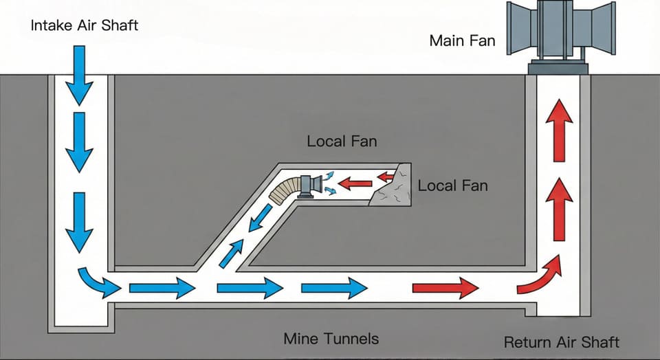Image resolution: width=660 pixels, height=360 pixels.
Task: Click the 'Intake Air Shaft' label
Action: [85, 26]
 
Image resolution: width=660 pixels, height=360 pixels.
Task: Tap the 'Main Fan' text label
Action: [461, 41]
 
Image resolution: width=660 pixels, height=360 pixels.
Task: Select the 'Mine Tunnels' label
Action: [331, 339]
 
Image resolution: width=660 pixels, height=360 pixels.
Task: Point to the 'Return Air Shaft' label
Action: [562, 341]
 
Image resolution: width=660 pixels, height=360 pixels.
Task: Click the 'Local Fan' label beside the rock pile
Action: [452, 185]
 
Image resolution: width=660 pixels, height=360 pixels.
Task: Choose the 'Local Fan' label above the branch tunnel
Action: [342, 142]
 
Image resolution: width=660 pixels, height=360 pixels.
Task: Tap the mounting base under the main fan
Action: [558, 67]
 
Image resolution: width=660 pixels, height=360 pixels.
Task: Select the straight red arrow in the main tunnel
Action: [445, 287]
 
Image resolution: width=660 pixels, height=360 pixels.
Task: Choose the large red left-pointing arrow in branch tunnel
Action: [354, 183]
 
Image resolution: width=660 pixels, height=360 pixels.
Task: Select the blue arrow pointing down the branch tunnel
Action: [260, 221]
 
